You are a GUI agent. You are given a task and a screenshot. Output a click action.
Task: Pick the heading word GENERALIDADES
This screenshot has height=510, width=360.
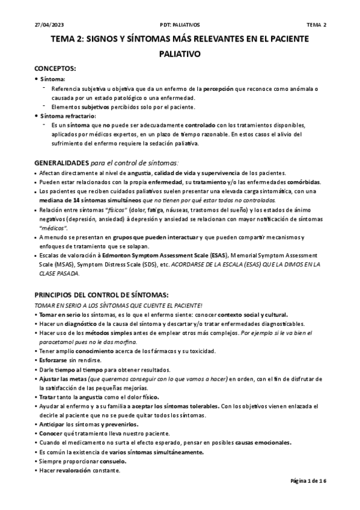61,163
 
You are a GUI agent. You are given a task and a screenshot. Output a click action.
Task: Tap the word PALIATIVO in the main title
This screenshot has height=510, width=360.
180,54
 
